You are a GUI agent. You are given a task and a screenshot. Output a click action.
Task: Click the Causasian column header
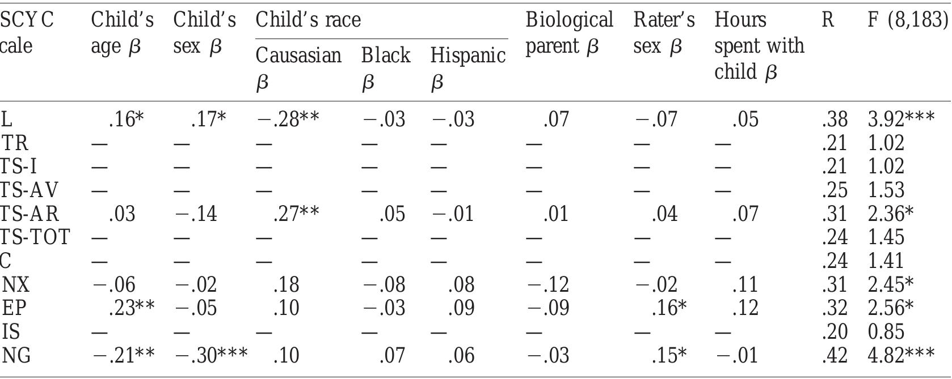(298, 68)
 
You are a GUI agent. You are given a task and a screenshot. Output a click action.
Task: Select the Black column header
(385, 68)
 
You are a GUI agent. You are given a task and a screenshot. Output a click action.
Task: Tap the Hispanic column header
(468, 68)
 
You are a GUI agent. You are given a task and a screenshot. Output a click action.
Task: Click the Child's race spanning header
(308, 19)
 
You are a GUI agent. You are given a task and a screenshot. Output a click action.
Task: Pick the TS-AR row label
(29, 213)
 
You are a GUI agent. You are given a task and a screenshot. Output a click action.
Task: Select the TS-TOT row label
(35, 237)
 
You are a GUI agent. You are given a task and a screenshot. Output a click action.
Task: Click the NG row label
(16, 355)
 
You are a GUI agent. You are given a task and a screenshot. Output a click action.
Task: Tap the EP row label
(14, 308)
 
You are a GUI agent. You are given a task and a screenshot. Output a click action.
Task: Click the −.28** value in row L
(288, 119)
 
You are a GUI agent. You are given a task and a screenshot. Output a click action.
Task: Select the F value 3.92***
(901, 119)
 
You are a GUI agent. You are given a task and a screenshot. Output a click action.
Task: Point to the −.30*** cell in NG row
(211, 355)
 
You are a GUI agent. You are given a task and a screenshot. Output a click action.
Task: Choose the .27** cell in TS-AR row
(296, 213)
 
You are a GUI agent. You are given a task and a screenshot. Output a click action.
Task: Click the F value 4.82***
(901, 355)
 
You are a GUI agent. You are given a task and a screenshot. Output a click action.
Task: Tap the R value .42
(835, 355)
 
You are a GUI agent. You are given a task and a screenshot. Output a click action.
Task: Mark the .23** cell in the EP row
(131, 308)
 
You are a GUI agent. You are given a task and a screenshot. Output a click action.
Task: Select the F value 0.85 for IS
(886, 331)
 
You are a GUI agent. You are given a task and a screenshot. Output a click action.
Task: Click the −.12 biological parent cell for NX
(548, 284)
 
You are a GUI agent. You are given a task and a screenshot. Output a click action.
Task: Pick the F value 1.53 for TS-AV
(886, 189)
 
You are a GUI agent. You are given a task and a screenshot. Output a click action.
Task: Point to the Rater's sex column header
(664, 33)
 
